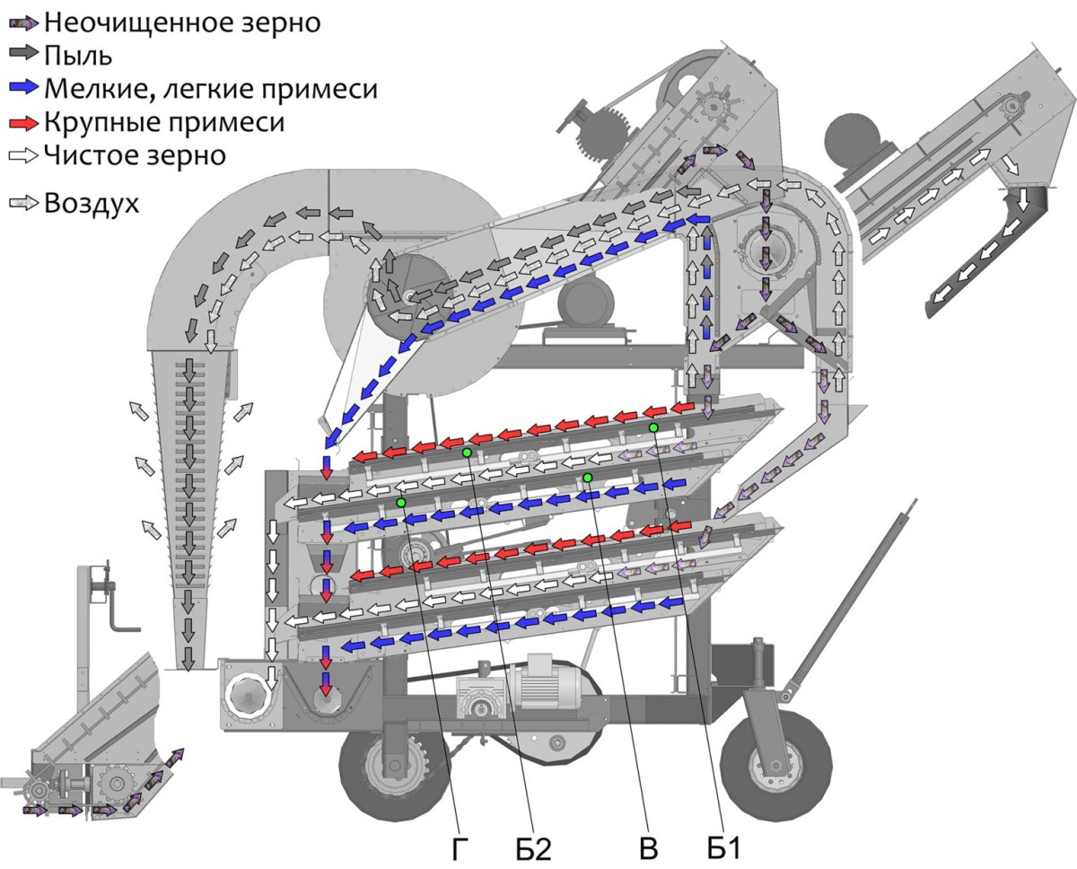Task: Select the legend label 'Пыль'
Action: pos(77,56)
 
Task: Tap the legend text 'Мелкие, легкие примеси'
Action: pos(211,89)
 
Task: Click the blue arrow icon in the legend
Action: pos(22,88)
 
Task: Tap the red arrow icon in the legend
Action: pos(22,121)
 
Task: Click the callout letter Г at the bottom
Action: pos(460,847)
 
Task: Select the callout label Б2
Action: pos(533,847)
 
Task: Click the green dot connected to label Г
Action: pos(401,503)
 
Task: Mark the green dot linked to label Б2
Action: pos(467,452)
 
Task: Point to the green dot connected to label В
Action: pos(588,477)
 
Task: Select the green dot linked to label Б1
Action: pos(653,427)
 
